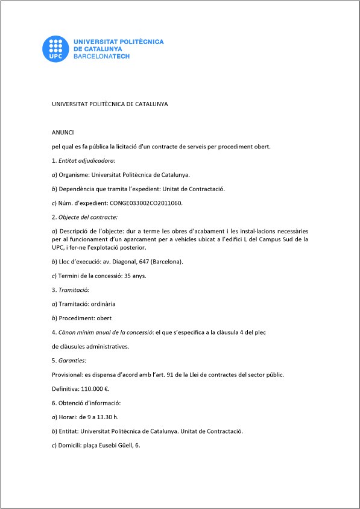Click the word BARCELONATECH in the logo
tap(101, 55)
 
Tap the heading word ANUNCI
tap(62, 131)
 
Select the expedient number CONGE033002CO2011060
tap(146, 203)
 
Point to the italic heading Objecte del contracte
tap(87, 217)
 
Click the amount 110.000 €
tap(97, 388)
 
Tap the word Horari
tap(67, 416)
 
